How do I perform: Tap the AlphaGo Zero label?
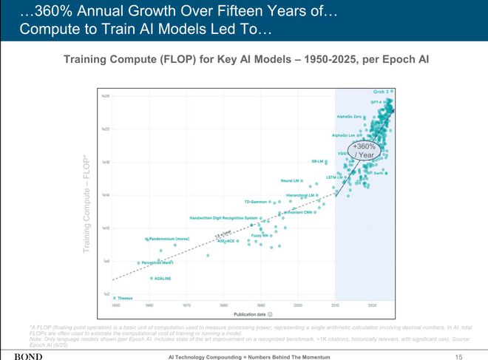(x=348, y=116)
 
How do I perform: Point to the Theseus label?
(x=124, y=298)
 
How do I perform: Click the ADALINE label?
(x=162, y=279)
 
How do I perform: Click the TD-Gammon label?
(x=255, y=202)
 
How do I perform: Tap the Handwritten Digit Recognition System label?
(x=223, y=218)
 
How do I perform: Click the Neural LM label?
(x=289, y=180)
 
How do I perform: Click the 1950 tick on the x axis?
(x=115, y=305)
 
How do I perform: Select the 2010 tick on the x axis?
(x=335, y=305)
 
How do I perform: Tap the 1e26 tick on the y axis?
(x=106, y=96)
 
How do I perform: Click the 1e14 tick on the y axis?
(x=106, y=195)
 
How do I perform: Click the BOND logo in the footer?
(x=28, y=356)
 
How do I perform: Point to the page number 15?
(x=458, y=356)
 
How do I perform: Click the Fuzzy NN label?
(x=260, y=235)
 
